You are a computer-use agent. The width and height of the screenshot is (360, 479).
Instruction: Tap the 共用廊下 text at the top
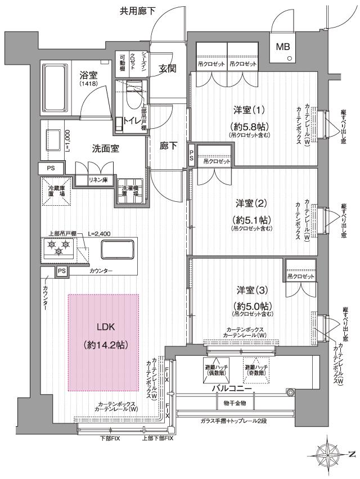pos(137,10)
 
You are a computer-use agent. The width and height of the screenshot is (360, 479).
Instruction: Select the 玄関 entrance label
pos(168,69)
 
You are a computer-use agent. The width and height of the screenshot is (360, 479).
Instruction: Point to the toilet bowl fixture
pos(133,101)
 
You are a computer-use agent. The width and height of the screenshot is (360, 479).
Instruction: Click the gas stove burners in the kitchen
pos(58,246)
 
